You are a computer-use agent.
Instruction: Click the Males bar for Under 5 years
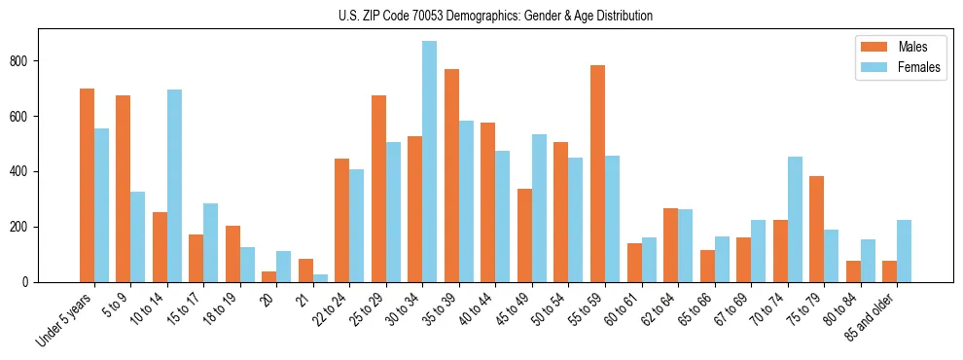click(x=87, y=185)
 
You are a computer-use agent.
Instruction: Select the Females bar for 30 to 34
click(x=430, y=162)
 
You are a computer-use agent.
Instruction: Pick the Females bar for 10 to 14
click(x=174, y=186)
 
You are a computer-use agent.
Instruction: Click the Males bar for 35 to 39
click(x=451, y=175)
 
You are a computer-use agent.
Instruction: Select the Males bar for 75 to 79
click(x=816, y=229)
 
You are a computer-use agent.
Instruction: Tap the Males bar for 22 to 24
click(x=342, y=220)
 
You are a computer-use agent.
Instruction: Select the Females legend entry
click(x=892, y=68)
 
